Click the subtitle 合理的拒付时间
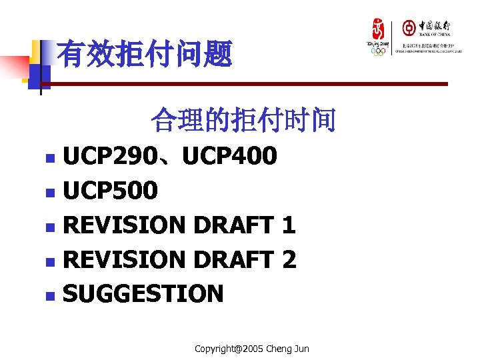coord(243,121)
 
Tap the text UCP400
coord(229,157)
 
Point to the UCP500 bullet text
coord(110,191)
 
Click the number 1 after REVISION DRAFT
coord(289,225)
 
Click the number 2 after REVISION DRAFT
coord(289,259)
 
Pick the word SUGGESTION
coord(143,293)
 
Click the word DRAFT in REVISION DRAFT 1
coord(233,225)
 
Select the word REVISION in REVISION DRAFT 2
coord(123,259)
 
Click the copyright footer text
coord(251,349)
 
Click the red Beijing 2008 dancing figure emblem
coord(378,30)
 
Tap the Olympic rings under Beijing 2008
coord(378,51)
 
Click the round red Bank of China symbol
coord(408,27)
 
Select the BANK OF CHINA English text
coord(435,34)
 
